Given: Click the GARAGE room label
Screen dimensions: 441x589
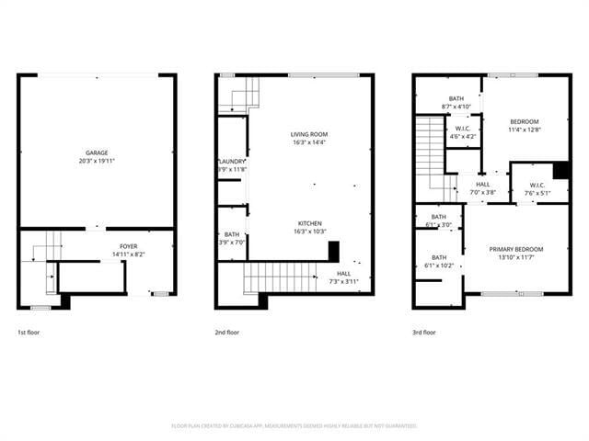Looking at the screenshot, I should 97,153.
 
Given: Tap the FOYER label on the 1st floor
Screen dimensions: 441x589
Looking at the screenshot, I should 128,245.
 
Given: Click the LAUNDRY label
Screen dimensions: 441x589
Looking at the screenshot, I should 231,162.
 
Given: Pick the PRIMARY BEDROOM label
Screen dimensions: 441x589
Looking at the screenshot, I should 515,249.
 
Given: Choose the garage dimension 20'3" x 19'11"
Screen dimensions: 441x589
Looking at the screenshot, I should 97,161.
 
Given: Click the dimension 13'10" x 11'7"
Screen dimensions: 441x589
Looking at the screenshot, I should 515,257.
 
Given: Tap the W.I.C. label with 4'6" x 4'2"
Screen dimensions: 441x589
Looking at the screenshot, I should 462,129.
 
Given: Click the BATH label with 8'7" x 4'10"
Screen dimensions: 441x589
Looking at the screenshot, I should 456,98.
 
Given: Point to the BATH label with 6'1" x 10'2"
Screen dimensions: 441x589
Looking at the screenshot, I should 439,257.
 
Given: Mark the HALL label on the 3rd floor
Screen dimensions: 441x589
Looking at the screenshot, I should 482,185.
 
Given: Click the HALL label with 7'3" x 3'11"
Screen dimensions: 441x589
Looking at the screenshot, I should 343,273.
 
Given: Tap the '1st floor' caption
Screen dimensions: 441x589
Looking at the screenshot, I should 28,332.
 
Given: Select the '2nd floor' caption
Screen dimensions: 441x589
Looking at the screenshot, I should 226,332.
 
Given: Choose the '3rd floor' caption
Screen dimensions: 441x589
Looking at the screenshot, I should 424,332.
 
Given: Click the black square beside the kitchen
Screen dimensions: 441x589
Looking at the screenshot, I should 334,252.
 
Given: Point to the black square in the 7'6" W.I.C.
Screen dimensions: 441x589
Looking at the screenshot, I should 560,171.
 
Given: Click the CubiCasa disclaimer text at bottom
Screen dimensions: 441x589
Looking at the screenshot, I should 294,425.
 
